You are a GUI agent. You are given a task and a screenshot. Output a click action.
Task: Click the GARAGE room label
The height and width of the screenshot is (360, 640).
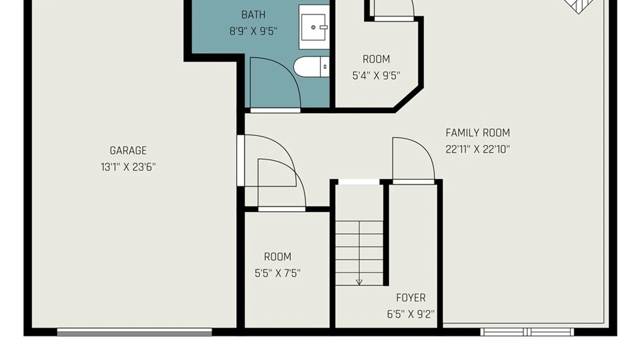(128, 151)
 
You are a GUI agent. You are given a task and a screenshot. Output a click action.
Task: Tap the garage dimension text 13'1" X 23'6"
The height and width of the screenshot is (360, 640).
(128, 167)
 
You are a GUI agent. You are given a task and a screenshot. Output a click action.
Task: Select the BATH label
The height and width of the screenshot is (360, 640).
(253, 15)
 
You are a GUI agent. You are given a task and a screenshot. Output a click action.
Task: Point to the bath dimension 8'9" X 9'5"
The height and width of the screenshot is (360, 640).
(253, 31)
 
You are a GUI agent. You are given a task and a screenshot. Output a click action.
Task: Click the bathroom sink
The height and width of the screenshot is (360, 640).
(314, 27)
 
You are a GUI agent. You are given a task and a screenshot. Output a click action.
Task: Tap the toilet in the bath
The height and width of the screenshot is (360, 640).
(311, 67)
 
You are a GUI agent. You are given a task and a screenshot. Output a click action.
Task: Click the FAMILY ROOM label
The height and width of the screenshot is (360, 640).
(478, 133)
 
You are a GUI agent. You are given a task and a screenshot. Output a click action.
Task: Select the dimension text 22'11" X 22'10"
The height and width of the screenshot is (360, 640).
(478, 149)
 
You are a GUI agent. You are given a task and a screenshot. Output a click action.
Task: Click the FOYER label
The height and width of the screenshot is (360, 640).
(411, 298)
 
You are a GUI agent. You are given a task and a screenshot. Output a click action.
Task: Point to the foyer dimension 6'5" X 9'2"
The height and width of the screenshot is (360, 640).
(411, 314)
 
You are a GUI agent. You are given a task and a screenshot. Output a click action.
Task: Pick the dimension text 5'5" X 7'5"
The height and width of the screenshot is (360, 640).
(277, 273)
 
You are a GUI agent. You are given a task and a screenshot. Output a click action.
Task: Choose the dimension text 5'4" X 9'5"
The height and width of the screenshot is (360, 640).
(376, 76)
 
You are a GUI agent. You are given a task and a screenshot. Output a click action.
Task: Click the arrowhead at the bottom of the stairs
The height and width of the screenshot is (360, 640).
(359, 283)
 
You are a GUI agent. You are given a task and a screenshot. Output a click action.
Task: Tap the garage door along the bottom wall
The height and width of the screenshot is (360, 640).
(134, 332)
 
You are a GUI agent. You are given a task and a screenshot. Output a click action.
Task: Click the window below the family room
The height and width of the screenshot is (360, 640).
(527, 332)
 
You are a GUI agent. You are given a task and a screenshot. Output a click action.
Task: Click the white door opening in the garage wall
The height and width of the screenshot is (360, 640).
(240, 160)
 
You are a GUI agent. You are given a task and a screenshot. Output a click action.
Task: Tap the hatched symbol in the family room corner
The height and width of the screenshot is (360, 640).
(578, 6)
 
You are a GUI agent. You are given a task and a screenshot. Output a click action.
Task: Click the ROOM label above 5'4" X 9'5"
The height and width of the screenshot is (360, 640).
(376, 59)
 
